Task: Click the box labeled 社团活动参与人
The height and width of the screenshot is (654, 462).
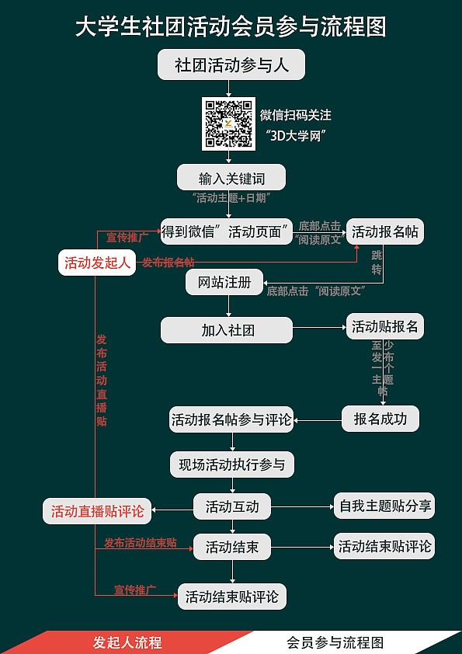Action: point(231,64)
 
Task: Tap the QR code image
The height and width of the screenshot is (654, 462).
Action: point(228,123)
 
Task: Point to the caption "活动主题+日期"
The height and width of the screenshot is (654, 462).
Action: point(231,198)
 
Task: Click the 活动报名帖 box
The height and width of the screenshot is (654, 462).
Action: point(385,231)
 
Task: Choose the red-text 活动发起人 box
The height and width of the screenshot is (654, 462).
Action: point(97,263)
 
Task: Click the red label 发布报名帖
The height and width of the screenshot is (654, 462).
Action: point(168,263)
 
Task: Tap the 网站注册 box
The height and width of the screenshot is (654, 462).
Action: point(224,283)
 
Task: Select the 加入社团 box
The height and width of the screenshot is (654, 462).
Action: point(227,330)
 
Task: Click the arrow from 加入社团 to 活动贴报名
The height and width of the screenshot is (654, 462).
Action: point(320,328)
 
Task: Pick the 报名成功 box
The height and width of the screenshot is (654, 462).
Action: point(380,419)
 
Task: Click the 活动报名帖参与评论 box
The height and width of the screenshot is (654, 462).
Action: point(231,419)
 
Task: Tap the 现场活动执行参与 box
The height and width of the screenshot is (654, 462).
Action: point(232,464)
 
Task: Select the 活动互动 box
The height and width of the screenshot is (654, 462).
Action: point(232,506)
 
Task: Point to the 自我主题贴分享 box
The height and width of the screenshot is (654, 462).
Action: point(384,506)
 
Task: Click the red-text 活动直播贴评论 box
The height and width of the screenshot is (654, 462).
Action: point(97,511)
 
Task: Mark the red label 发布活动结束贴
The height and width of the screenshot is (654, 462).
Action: point(141,543)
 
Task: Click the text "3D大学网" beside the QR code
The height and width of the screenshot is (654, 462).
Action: point(296,136)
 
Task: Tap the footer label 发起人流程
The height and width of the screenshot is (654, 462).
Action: point(127,642)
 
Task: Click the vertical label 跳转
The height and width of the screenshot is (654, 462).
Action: point(377,263)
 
